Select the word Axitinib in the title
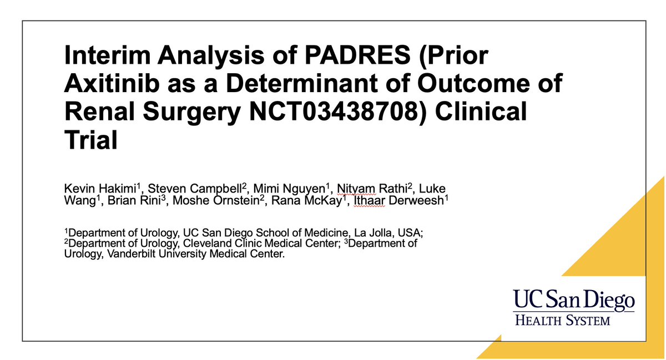tap(114, 85)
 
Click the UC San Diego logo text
tap(573, 300)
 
